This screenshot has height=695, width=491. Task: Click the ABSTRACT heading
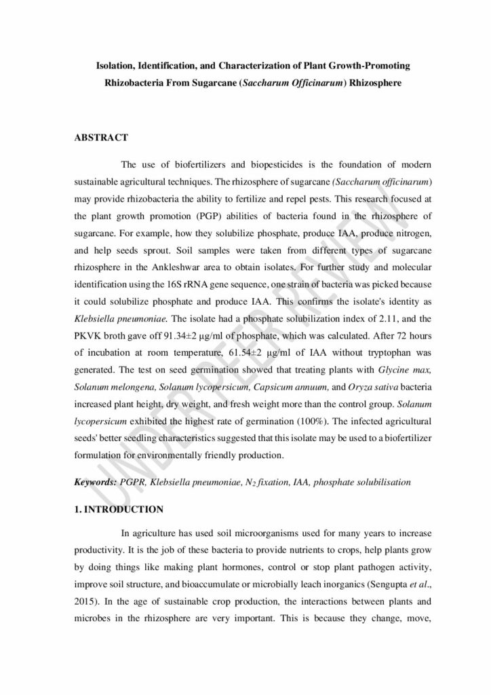coord(100,138)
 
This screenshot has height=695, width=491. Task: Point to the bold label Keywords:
coord(94,483)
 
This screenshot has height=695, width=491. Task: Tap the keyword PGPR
coord(132,483)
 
